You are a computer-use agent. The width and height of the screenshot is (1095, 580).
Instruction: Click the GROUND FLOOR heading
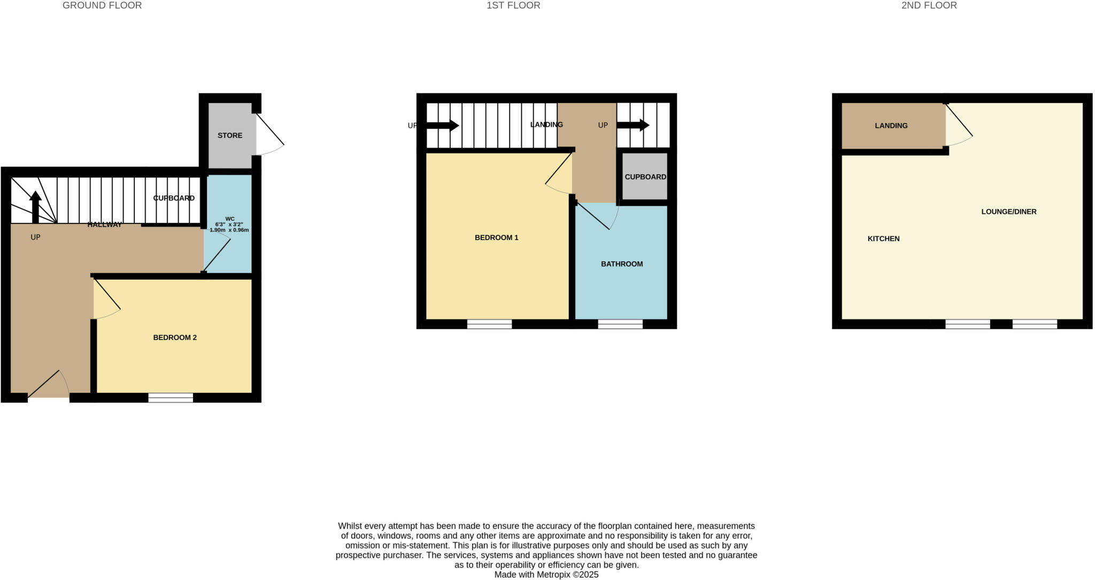pos(102,6)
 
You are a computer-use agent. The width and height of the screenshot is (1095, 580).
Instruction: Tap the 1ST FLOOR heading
pos(513,6)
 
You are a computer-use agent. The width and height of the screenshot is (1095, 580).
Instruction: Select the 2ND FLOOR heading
pos(929,6)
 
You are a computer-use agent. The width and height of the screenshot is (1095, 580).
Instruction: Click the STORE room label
pos(230,136)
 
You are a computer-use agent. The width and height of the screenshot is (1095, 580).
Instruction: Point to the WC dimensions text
pos(229,227)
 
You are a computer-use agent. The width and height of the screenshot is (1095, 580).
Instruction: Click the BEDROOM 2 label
pos(175,338)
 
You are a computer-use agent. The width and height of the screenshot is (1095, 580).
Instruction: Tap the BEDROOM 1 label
pos(496,238)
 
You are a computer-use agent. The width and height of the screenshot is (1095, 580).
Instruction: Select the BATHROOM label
pos(622,264)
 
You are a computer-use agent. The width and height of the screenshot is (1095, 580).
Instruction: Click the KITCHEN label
pos(883,239)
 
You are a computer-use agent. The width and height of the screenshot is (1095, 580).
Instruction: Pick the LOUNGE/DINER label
pos(1008,212)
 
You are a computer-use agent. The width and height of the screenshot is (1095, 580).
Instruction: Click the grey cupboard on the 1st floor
pos(645,177)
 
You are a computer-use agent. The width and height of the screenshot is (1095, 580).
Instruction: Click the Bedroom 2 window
pos(171,397)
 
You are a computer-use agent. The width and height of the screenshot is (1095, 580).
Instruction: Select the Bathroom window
pos(620,324)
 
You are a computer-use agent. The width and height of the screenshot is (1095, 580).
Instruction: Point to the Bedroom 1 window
pos(489,324)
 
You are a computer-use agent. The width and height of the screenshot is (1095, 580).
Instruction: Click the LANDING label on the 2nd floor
pos(891,126)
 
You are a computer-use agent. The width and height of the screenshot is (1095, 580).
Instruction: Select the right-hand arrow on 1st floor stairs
pos(633,126)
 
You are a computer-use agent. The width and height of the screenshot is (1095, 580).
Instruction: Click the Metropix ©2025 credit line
pos(546,575)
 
